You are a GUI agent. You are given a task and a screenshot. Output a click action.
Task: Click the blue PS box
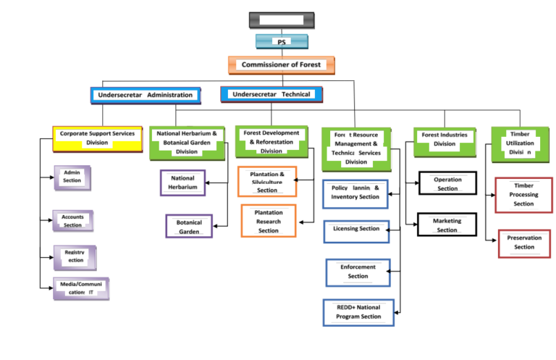pos(282,41)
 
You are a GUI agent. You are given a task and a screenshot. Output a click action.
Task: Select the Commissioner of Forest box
pos(282,64)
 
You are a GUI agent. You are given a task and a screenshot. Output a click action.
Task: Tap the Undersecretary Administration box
pos(146,95)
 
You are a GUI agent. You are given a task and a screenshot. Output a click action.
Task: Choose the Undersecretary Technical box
pos(271,94)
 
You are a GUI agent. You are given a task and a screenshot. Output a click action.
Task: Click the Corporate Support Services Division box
pos(97,138)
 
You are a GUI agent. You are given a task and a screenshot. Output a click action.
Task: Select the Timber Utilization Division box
pos(519,143)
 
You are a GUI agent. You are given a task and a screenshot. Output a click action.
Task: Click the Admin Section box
pos(72,177)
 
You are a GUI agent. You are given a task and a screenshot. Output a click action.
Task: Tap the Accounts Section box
pos(72,221)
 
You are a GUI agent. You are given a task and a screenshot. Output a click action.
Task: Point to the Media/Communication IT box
pos(81,288)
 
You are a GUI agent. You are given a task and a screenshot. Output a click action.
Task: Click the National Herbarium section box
pos(182,183)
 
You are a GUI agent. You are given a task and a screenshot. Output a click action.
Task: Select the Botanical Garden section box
pos(189,227)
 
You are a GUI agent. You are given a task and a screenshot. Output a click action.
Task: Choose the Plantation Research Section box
pos(269,221)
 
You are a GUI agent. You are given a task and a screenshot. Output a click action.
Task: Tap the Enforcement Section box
pos(358,272)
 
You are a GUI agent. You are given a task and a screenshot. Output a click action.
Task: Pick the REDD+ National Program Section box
pos(358,312)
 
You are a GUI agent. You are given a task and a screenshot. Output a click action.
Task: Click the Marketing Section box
pos(447,225)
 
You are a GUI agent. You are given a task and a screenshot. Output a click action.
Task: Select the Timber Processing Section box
pos(523,195)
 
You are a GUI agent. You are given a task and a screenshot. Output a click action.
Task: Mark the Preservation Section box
pos(524,243)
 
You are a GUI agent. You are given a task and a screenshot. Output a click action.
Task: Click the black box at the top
pos(282,20)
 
